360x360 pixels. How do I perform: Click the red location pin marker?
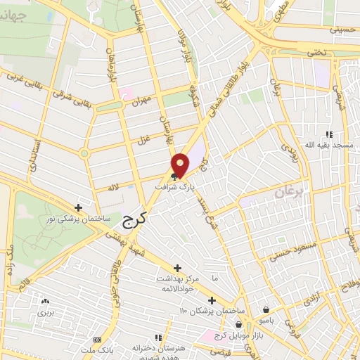180,165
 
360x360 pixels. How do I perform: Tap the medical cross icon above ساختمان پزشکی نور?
78,207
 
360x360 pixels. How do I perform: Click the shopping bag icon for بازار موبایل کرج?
239,325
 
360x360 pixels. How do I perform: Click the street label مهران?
141,101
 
